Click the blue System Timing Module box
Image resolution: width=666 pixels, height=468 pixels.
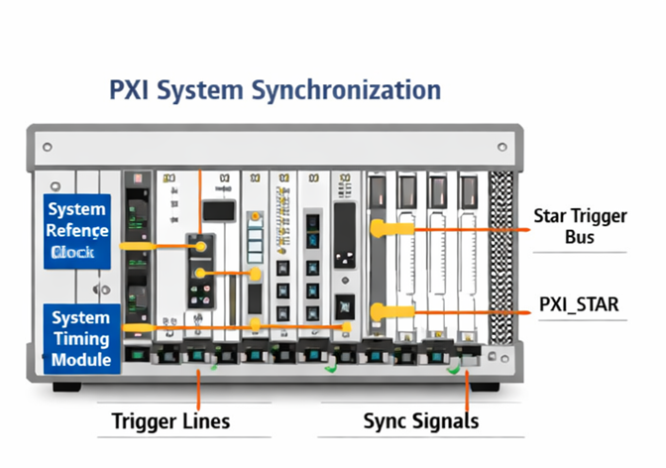point(82,338)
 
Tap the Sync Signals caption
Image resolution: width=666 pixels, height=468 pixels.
point(421,420)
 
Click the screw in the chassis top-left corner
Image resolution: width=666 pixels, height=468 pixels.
point(47,147)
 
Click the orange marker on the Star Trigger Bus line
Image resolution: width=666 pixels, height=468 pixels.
point(380,229)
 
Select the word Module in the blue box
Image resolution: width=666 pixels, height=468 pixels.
point(82,359)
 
